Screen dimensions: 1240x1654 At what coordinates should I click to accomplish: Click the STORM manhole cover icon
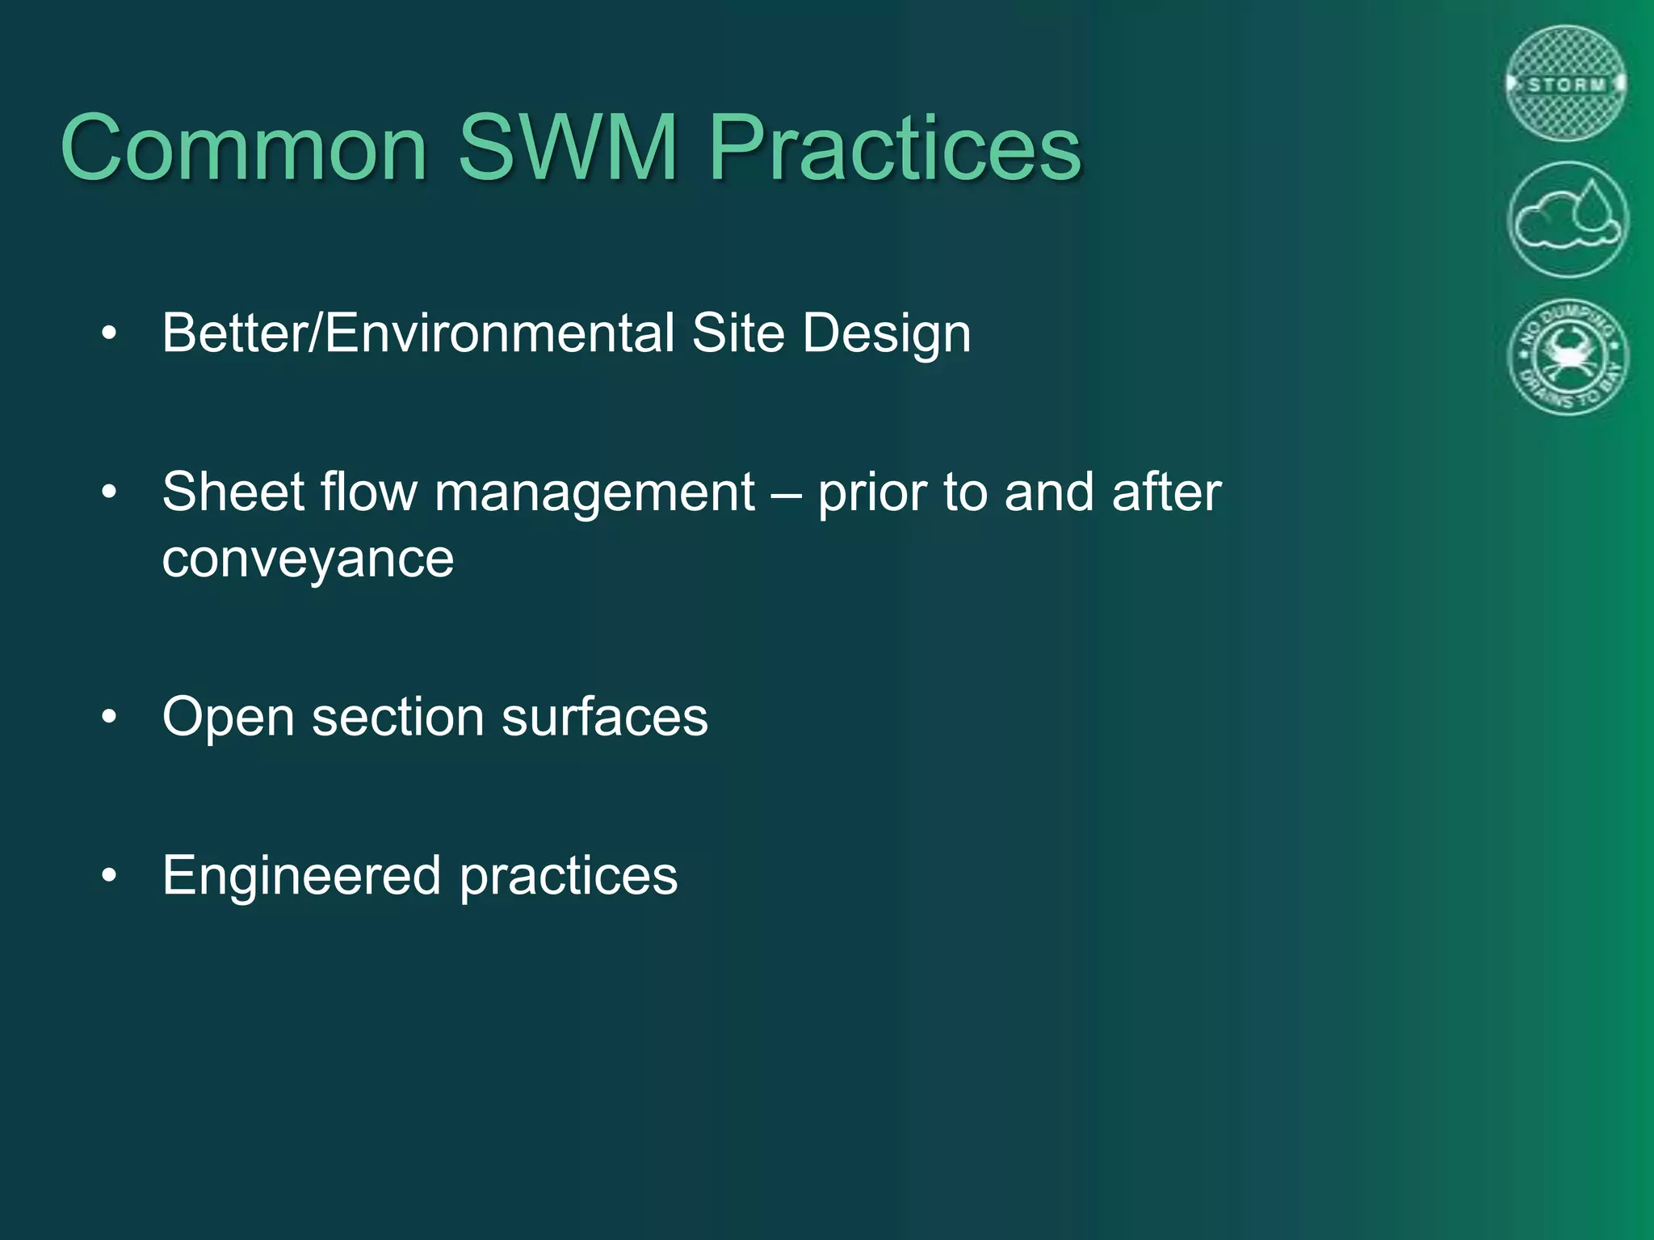pyautogui.click(x=1567, y=84)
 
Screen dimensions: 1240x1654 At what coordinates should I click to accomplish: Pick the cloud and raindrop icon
pyautogui.click(x=1568, y=220)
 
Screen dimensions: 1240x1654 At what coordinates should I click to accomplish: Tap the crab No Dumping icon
pyautogui.click(x=1568, y=356)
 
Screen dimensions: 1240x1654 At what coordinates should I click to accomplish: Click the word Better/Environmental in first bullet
pyautogui.click(x=418, y=333)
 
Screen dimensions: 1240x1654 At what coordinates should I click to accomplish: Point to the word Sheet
pyautogui.click(x=233, y=492)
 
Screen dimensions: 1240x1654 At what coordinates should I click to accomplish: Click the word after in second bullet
pyautogui.click(x=1166, y=492)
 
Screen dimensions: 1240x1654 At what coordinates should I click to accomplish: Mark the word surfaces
pyautogui.click(x=604, y=717)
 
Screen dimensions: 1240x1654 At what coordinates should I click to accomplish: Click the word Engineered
pyautogui.click(x=301, y=877)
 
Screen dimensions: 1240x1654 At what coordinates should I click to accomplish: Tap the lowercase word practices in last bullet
pyautogui.click(x=569, y=877)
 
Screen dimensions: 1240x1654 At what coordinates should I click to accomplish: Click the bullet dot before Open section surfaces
pyautogui.click(x=110, y=716)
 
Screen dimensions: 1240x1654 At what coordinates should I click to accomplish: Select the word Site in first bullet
pyautogui.click(x=738, y=333)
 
